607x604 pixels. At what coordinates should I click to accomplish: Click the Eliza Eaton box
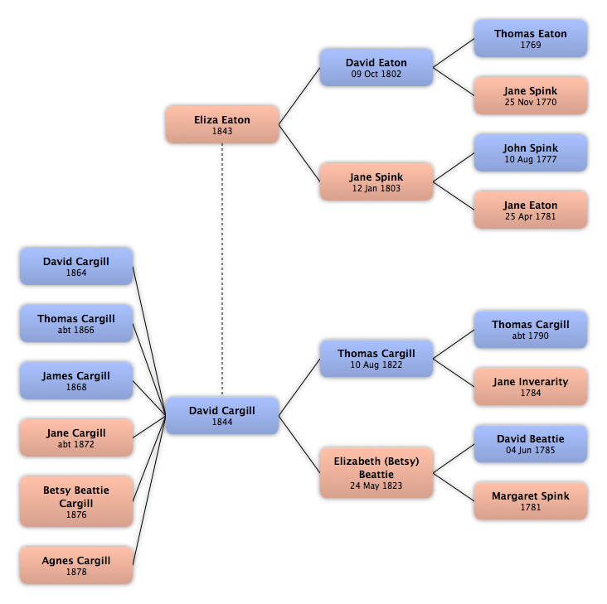point(222,124)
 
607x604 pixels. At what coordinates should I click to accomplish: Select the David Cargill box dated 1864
point(76,267)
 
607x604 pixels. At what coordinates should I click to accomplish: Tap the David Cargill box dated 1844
point(222,416)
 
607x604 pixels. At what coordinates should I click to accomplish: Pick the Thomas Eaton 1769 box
point(531,39)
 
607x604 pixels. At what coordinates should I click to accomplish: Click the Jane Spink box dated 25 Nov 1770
point(531,95)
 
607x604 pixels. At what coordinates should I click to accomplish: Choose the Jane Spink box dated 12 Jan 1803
point(376,181)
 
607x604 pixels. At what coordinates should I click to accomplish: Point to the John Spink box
point(531,152)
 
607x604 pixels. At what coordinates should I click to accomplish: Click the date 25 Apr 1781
point(531,216)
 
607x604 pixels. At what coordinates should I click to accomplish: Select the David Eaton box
point(376,67)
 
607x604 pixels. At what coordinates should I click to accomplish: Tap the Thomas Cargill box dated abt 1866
point(76,323)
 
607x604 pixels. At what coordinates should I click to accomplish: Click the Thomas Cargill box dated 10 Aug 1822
point(376,359)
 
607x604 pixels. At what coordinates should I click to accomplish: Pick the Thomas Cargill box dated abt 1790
point(531,330)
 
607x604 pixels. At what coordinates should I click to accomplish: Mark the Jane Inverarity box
point(531,387)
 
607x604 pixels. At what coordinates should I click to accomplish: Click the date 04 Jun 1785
point(531,450)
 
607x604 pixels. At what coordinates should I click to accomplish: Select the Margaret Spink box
point(531,500)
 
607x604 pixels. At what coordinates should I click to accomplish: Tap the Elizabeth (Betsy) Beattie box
point(376,472)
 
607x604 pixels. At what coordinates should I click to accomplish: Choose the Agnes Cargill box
point(76,565)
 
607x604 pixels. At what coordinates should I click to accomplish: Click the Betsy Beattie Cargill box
point(76,501)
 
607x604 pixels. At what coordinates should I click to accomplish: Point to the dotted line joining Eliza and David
point(222,269)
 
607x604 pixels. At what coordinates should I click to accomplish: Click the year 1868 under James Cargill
point(76,387)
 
